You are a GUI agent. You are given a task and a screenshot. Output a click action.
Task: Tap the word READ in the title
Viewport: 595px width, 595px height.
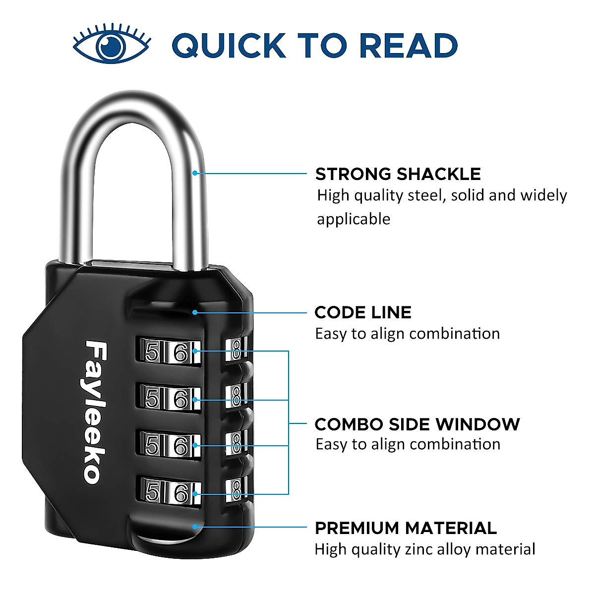[x=408, y=45]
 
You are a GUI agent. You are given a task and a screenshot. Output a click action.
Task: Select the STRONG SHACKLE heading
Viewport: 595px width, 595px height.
[x=398, y=174]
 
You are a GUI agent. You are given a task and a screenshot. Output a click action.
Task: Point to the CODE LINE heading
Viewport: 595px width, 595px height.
[x=362, y=312]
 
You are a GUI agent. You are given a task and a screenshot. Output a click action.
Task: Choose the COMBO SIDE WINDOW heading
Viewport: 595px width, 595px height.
[x=417, y=424]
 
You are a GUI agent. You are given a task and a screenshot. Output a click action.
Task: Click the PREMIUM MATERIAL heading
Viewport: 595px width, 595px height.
[x=405, y=528]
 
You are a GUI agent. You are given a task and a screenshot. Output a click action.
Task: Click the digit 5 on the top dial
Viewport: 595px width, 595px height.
[x=152, y=353]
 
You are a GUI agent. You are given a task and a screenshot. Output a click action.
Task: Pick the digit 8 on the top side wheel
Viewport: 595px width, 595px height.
[x=236, y=350]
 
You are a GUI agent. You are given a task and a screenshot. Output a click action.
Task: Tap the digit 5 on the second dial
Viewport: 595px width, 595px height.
[x=152, y=398]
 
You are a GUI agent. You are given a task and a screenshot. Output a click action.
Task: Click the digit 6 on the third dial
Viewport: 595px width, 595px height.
[x=181, y=446]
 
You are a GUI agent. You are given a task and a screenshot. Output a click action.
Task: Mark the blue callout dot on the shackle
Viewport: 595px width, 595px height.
[x=195, y=173]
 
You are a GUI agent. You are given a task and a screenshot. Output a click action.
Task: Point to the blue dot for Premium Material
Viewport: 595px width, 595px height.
[x=195, y=527]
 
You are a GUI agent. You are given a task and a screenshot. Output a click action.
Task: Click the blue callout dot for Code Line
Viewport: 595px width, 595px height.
[x=195, y=312]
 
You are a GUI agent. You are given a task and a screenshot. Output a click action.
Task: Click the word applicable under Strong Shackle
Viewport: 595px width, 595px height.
[x=354, y=219]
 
